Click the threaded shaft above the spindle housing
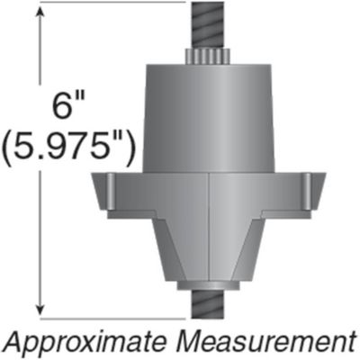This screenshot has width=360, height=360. [x=208, y=24]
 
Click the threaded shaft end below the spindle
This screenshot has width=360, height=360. [x=209, y=305]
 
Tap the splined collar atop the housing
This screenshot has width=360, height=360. [x=208, y=57]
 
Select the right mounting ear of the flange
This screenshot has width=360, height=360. [x=312, y=192]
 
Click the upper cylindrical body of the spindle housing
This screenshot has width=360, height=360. [x=208, y=117]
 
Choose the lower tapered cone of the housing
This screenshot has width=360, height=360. [x=208, y=252]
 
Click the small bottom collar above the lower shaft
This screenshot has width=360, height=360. [x=208, y=287]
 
